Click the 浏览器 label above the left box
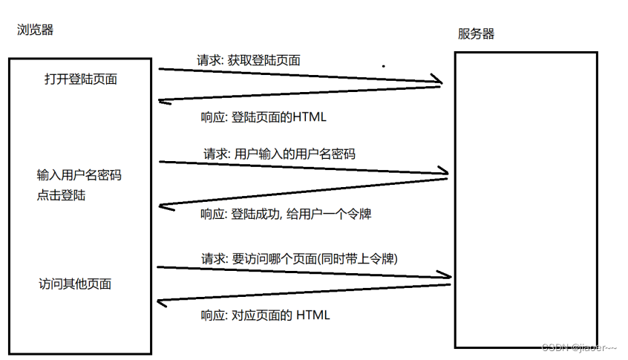(x=35, y=30)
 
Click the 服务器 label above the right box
(x=476, y=33)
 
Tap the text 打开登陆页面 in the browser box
(x=80, y=79)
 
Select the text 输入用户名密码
(x=79, y=176)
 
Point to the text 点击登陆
(x=61, y=195)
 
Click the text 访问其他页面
(x=75, y=284)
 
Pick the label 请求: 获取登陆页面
(x=248, y=60)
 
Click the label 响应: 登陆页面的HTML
(x=264, y=117)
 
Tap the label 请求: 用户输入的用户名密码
(x=279, y=154)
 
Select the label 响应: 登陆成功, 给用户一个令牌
(x=285, y=215)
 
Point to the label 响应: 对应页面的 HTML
(x=265, y=315)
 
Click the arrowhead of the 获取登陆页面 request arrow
(x=438, y=81)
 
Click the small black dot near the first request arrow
(x=383, y=66)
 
